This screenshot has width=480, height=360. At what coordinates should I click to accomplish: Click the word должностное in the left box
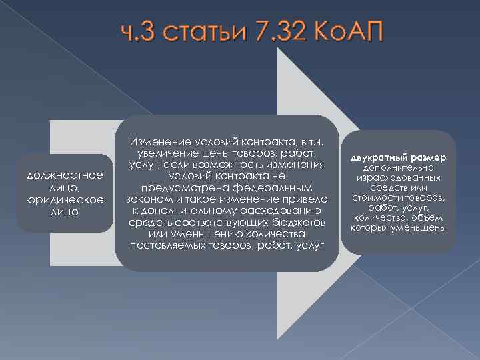pos(64,175)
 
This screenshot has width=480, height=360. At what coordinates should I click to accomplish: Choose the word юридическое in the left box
pos(64,199)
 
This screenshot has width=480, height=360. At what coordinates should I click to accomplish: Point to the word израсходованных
pos(397,178)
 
